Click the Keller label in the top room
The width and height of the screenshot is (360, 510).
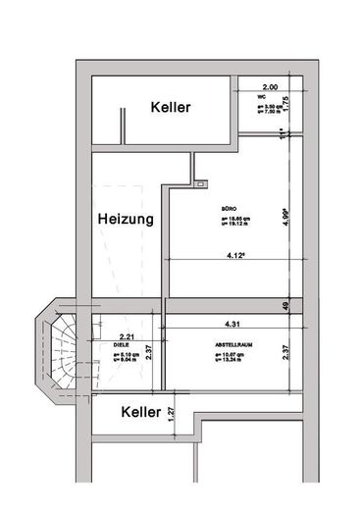click(171, 107)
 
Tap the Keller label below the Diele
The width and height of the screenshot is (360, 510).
click(140, 412)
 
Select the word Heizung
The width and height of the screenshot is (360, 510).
click(126, 221)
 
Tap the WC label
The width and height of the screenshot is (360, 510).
click(263, 98)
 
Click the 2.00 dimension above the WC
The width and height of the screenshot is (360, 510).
click(270, 87)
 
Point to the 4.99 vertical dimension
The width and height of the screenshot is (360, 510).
click(285, 217)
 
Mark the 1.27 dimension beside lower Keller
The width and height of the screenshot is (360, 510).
click(171, 414)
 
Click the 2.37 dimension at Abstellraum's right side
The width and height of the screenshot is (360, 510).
click(285, 351)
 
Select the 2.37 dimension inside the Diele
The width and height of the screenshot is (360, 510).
click(147, 352)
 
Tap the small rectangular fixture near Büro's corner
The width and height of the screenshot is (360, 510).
click(201, 183)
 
